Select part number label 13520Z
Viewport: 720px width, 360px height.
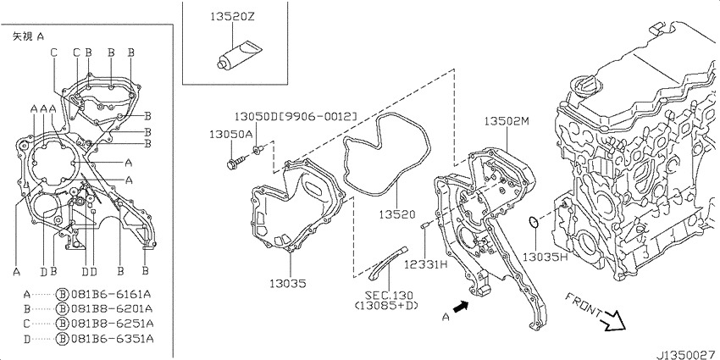click(232, 17)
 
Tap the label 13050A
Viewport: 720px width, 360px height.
click(231, 134)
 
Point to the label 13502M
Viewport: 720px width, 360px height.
click(507, 121)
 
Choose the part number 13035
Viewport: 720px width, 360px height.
click(288, 284)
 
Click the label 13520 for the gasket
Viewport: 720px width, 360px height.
click(397, 214)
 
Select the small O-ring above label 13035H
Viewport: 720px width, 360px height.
click(534, 223)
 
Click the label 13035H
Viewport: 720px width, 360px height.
click(546, 256)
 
